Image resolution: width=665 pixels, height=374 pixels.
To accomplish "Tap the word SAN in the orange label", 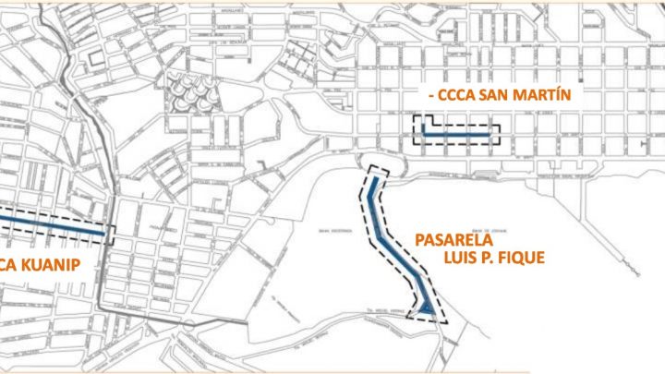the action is pyautogui.click(x=504, y=95).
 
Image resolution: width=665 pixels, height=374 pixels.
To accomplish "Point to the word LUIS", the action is pyautogui.click(x=465, y=257).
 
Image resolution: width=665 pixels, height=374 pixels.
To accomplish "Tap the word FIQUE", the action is pyautogui.click(x=522, y=257).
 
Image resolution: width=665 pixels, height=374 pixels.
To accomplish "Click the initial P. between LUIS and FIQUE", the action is pyautogui.click(x=490, y=257).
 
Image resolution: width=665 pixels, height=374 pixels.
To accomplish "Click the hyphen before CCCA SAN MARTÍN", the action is pyautogui.click(x=434, y=96).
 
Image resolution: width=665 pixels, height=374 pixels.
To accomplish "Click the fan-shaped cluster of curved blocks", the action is pyautogui.click(x=191, y=92).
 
